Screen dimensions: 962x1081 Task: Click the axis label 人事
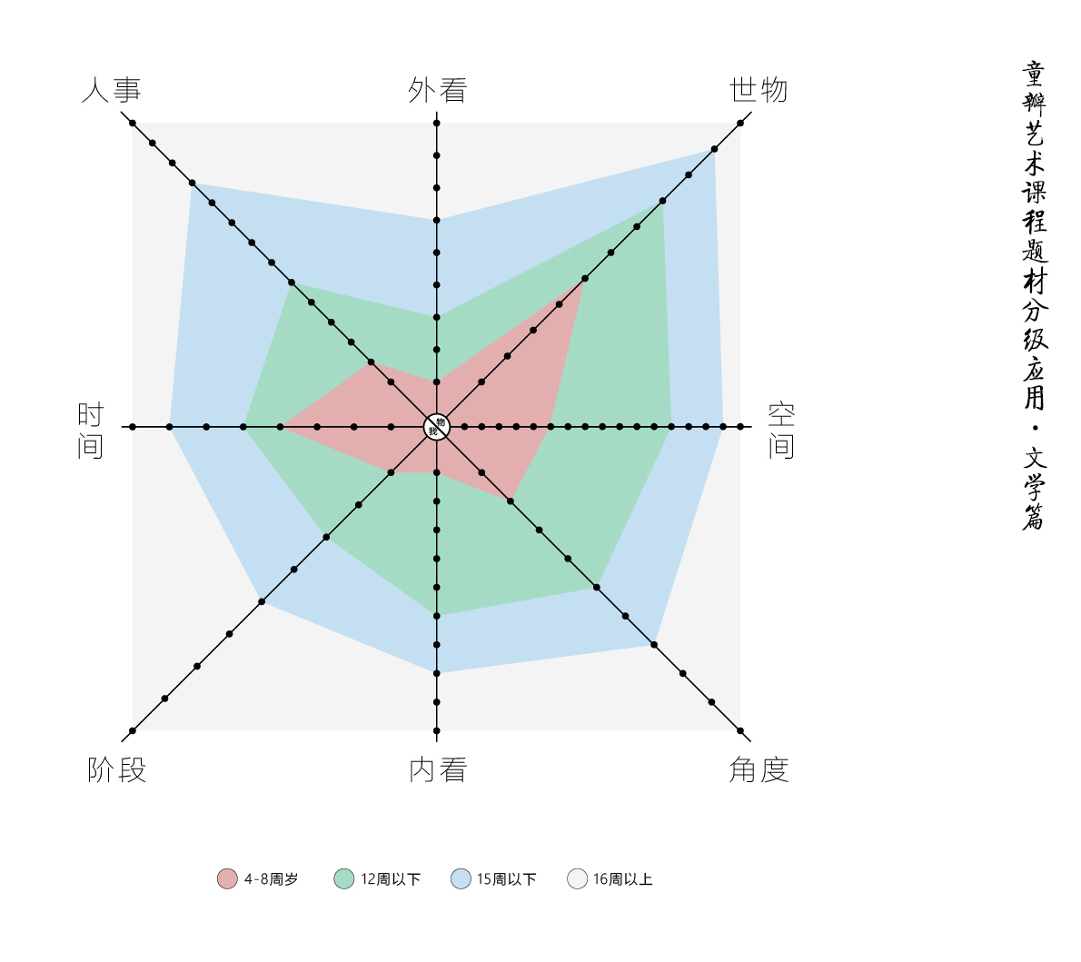click(112, 91)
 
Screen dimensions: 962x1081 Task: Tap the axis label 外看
click(437, 91)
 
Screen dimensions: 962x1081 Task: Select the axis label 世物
click(759, 91)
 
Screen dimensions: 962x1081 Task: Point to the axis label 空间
click(781, 431)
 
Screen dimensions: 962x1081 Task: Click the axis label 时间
click(91, 431)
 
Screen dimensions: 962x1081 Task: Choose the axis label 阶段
click(117, 770)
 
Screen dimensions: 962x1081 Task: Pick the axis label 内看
click(438, 770)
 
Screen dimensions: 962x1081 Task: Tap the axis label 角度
click(759, 770)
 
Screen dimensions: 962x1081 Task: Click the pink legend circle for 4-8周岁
click(227, 878)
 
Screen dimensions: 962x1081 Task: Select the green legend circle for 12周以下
click(344, 878)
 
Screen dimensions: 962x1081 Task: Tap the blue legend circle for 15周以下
click(461, 878)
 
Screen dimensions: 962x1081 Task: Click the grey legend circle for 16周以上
click(577, 878)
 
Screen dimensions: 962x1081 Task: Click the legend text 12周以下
click(391, 879)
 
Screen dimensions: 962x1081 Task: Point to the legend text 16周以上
click(623, 879)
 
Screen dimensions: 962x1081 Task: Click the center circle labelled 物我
click(437, 426)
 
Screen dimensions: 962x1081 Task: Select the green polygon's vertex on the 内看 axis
click(437, 616)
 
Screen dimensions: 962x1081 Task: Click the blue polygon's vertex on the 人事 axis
click(192, 183)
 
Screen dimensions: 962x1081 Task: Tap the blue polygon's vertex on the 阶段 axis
click(262, 601)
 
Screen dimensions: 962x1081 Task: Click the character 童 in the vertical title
click(1034, 73)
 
